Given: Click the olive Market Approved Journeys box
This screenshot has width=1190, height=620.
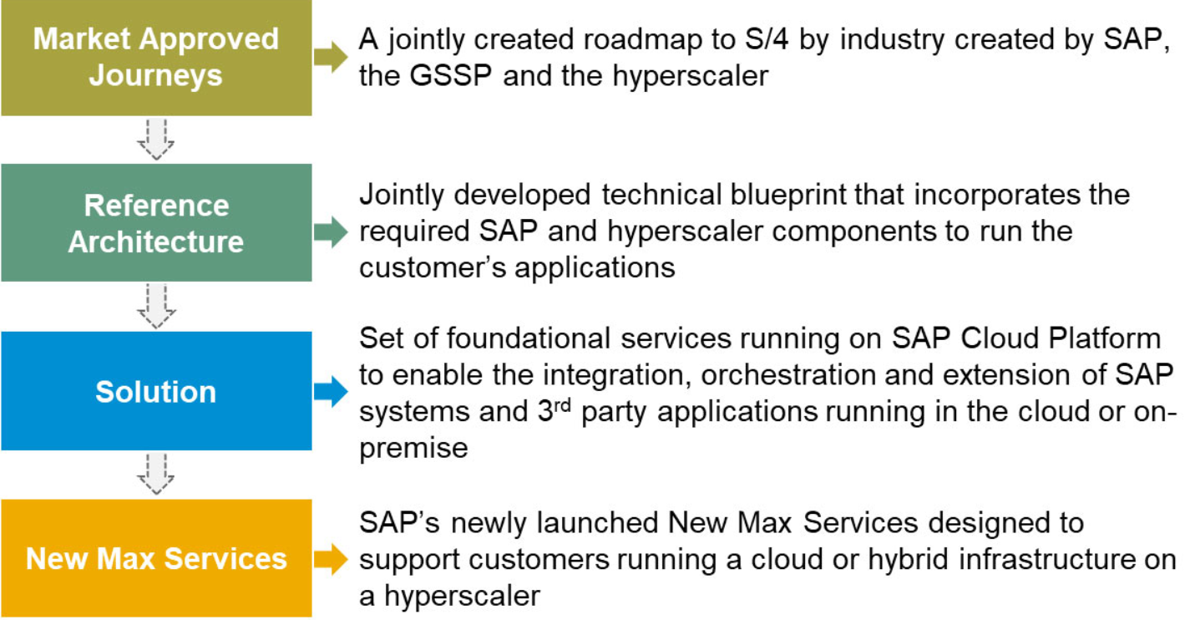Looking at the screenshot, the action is click(x=156, y=58).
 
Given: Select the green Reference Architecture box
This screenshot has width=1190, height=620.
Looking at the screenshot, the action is click(x=156, y=223).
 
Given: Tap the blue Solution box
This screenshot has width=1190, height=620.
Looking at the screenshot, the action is click(x=156, y=391).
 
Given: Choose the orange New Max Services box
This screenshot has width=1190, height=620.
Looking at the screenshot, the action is click(x=156, y=558).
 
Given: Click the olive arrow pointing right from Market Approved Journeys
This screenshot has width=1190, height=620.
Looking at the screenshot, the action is click(x=331, y=56).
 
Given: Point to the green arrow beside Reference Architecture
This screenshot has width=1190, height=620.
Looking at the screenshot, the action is click(x=331, y=232).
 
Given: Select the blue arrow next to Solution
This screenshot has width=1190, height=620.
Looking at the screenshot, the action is click(x=331, y=392).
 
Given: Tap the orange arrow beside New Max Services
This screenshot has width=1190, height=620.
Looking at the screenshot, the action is click(x=331, y=559).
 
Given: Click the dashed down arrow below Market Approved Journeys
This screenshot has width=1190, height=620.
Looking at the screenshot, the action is click(x=155, y=140).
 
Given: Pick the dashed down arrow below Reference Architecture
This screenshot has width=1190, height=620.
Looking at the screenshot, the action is click(x=155, y=306).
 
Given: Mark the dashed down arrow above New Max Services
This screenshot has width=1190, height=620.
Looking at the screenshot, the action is click(x=155, y=474).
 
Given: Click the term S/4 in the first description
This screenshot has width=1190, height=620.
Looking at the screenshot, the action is click(x=767, y=39).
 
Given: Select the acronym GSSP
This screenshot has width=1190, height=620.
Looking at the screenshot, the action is click(x=450, y=75).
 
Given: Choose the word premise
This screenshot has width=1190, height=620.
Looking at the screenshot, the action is click(x=413, y=448).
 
